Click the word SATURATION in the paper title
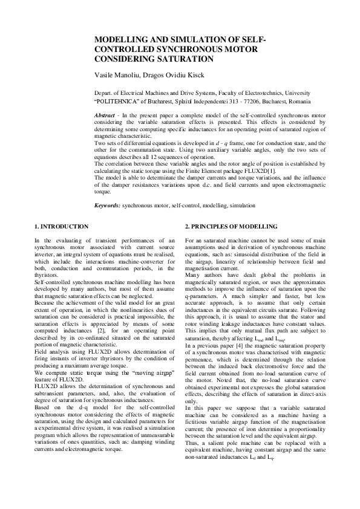pos(182,59)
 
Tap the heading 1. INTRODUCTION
pos(61,226)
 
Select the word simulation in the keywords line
pos(241,206)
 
